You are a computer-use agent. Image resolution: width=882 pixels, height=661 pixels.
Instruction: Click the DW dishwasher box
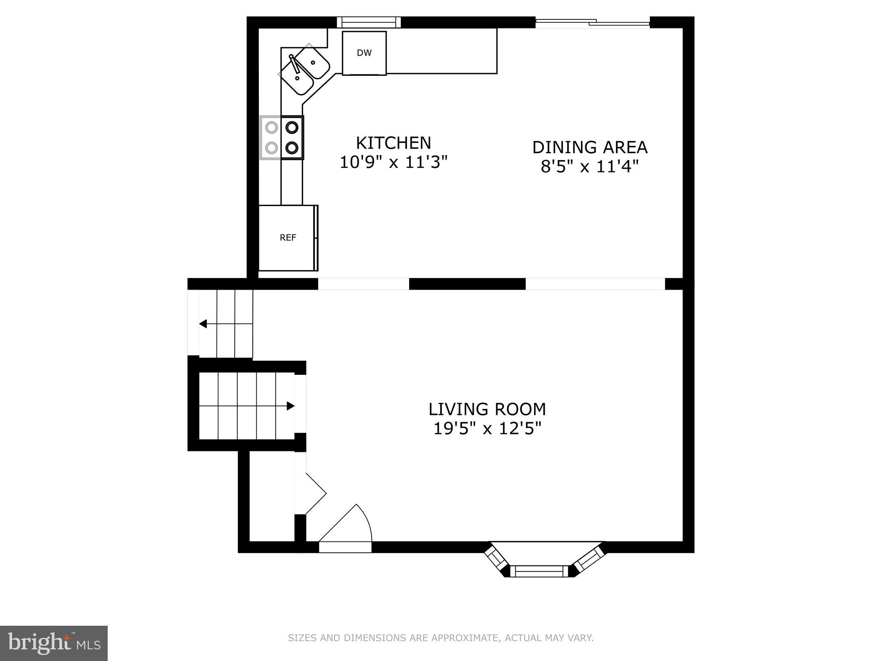point(364,53)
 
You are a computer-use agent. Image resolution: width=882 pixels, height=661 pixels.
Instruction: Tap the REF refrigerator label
point(288,238)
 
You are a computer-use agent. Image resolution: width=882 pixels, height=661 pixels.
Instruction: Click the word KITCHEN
point(393,143)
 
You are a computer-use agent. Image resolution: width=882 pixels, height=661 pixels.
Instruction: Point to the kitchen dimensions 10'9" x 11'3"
point(394,163)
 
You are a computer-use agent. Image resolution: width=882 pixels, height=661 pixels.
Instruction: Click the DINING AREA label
point(590,147)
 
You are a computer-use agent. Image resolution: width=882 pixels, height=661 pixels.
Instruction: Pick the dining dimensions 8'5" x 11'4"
point(589,167)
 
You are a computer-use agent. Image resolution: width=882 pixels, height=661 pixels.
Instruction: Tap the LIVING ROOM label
point(487,409)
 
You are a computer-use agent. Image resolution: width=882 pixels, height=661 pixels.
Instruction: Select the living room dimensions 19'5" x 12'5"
point(487,429)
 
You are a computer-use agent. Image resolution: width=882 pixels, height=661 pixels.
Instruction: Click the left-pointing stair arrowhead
point(203,324)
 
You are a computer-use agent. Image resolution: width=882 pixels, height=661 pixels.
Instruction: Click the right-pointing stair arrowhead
point(291,406)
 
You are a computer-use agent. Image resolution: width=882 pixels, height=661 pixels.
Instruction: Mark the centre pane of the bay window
point(539,571)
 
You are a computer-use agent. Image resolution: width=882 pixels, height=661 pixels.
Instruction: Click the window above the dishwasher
point(369,22)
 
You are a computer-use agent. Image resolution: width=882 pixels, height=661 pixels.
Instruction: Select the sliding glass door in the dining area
point(592,23)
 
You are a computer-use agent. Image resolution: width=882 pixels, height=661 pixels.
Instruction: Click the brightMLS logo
point(54,643)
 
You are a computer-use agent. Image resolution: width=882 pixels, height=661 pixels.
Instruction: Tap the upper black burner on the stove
point(292,127)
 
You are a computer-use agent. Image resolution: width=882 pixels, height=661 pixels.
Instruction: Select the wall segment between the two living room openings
point(467,284)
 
